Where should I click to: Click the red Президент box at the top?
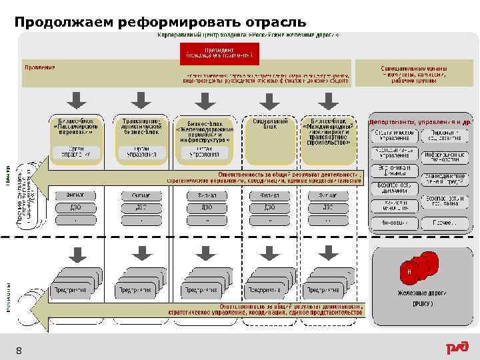(219, 53)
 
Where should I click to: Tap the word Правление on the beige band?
(39, 68)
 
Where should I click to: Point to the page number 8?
(19, 350)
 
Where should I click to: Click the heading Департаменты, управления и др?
(421, 123)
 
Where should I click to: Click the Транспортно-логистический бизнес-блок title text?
(141, 127)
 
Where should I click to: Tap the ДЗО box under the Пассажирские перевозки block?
(75, 207)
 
